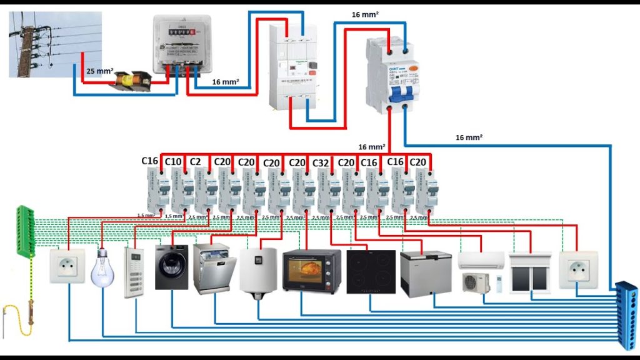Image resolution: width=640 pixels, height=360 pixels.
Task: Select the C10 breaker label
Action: pos(173,161)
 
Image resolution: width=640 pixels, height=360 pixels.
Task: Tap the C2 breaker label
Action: pos(195,161)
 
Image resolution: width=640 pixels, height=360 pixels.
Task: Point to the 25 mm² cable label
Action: pos(100,71)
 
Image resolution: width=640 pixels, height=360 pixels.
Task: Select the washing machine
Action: pos(171,267)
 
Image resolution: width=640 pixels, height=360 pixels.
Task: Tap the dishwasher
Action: pos(214,269)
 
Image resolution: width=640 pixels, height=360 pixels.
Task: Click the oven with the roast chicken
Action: pos(311,270)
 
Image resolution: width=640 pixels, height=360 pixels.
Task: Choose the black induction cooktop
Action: pos(371,271)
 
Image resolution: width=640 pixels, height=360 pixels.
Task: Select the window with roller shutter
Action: pos(530,272)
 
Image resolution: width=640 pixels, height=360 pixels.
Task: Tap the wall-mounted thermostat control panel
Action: pos(134,272)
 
